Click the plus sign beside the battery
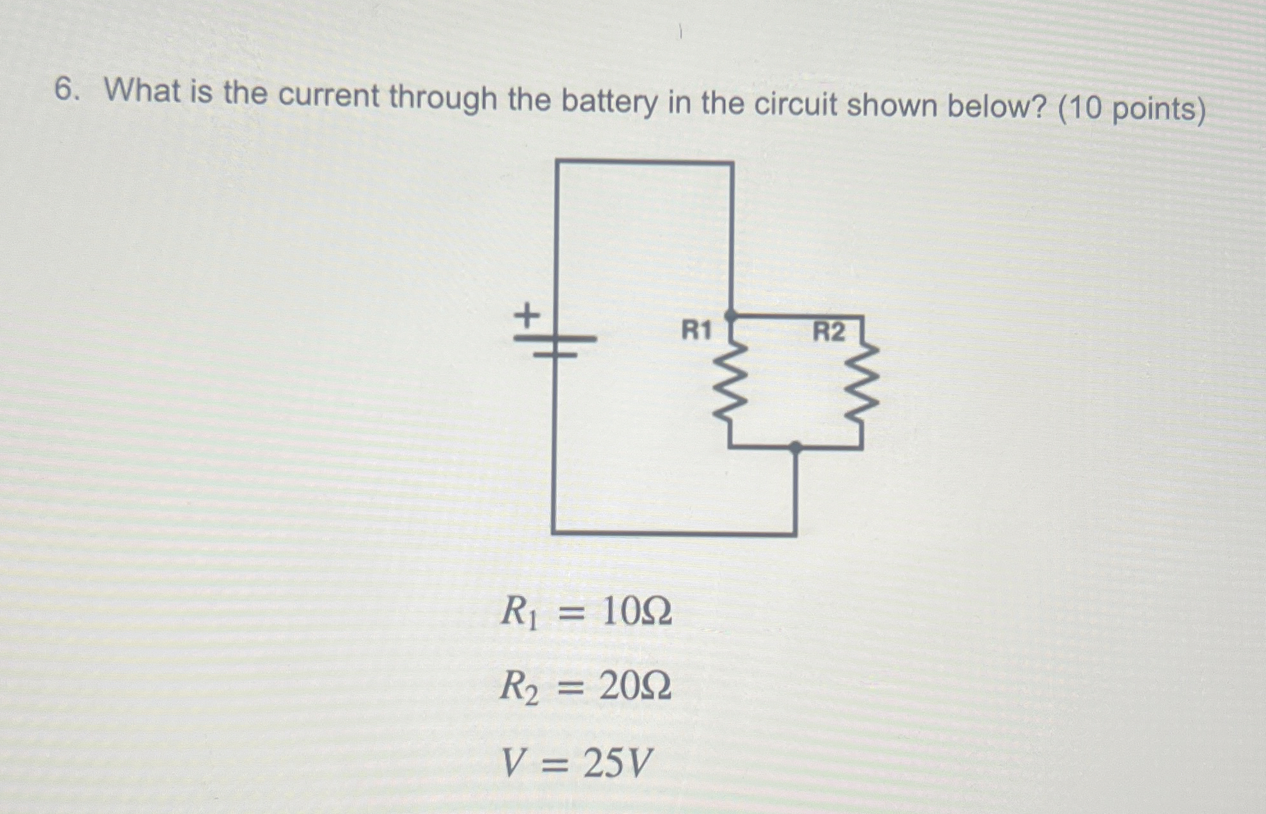[x=527, y=315]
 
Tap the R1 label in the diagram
[x=696, y=331]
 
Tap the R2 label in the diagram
[x=828, y=332]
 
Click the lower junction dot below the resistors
[x=795, y=447]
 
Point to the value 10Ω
[x=637, y=612]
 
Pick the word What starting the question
[x=142, y=91]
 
